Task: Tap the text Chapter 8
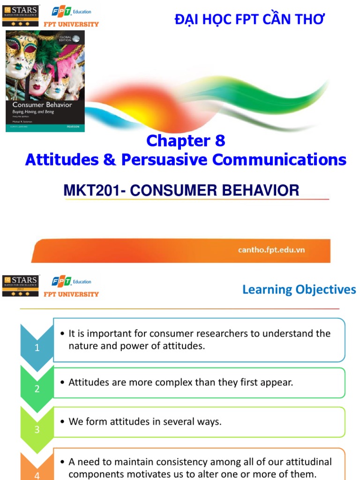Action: [x=186, y=141]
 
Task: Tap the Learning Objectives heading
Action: [x=299, y=290]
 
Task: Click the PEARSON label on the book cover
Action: [x=74, y=127]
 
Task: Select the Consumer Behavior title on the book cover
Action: [x=42, y=105]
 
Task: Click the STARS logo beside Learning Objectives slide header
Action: [x=21, y=285]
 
